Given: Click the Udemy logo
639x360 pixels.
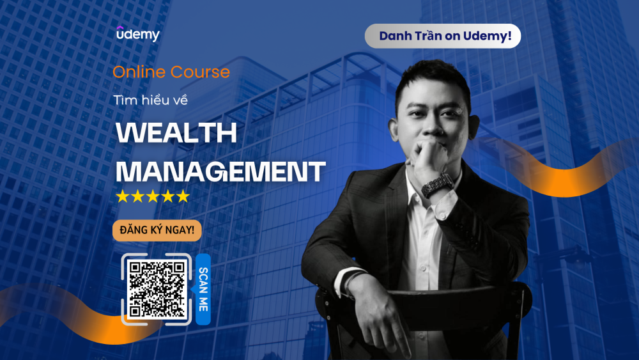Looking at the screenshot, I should pos(137,35).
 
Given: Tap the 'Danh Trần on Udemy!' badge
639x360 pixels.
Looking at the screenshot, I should pos(443,36).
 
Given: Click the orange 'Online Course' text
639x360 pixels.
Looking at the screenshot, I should pos(171,72).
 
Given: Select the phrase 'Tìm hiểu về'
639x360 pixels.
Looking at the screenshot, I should pos(150,100).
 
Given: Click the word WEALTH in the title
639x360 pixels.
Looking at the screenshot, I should pos(176,133).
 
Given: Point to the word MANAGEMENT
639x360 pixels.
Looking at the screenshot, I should pos(220,171).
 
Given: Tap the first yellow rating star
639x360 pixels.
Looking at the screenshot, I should pos(122,196).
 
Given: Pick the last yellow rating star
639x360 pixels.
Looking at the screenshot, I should pos(183,196).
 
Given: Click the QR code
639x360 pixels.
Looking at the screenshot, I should pos(157,289).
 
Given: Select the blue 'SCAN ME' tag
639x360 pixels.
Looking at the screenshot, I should pos(203,289).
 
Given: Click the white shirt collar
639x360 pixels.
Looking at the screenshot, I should pos(415,185).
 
